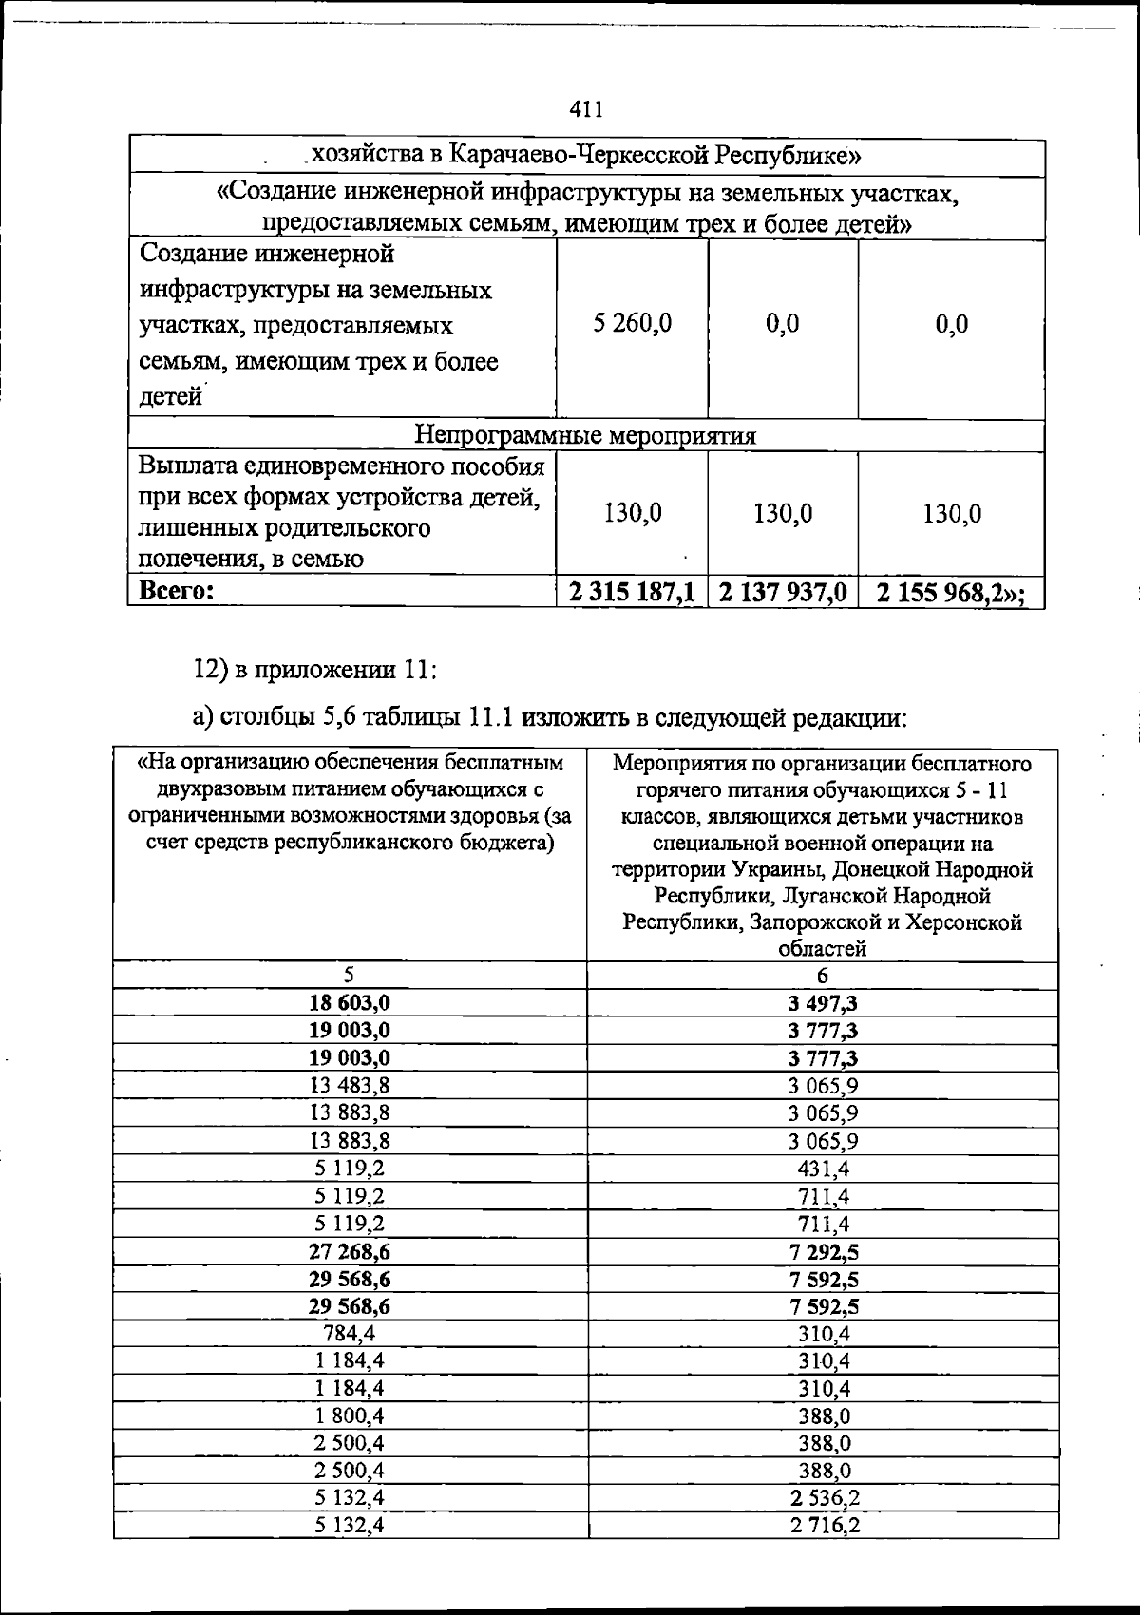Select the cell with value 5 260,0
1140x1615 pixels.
point(632,324)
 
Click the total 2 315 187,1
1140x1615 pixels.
point(632,593)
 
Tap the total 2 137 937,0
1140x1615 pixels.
point(783,593)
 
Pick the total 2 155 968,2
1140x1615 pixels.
point(951,593)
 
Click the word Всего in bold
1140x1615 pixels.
point(177,592)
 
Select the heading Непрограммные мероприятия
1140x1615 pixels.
point(586,435)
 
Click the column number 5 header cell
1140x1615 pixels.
point(349,975)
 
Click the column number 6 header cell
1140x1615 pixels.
point(823,975)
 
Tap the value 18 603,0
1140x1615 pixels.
point(349,1003)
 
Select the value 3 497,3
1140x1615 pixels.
point(823,1003)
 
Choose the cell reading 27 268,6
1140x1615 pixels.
point(349,1251)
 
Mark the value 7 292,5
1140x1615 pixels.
point(823,1251)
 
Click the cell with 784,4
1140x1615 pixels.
point(349,1334)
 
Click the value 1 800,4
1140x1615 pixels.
point(349,1415)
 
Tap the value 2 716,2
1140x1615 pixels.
point(823,1526)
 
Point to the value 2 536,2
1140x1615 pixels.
point(823,1498)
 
